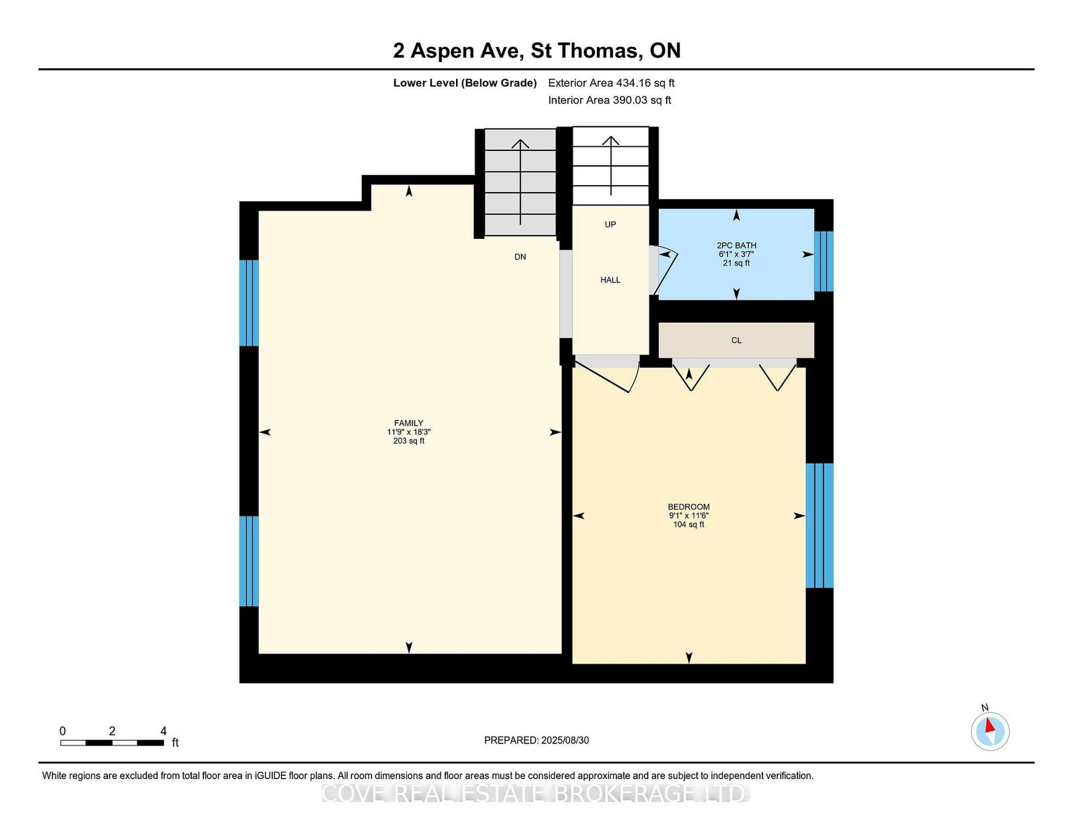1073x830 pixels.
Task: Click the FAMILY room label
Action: coord(408,423)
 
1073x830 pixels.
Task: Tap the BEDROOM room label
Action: coord(688,507)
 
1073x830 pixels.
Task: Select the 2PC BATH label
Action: coord(736,246)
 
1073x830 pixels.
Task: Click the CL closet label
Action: coord(736,340)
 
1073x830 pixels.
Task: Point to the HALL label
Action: coord(610,280)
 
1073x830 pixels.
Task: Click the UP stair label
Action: coord(610,224)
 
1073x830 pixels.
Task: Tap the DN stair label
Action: coord(520,257)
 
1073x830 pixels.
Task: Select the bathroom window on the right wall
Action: coord(824,262)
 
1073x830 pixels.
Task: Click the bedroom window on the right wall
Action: coord(820,525)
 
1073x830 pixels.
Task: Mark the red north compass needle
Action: coord(990,725)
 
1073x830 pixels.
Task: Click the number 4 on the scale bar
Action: coord(164,731)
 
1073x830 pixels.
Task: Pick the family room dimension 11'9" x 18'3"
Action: coord(408,432)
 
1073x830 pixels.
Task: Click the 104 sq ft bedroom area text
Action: coord(688,524)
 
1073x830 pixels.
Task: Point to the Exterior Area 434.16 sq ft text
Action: coord(611,83)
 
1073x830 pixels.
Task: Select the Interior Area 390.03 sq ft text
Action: coord(610,100)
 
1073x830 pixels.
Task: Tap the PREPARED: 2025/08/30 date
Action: coord(536,740)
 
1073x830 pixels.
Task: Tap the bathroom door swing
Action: coord(664,269)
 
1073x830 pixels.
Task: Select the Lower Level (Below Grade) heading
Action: coord(465,83)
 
